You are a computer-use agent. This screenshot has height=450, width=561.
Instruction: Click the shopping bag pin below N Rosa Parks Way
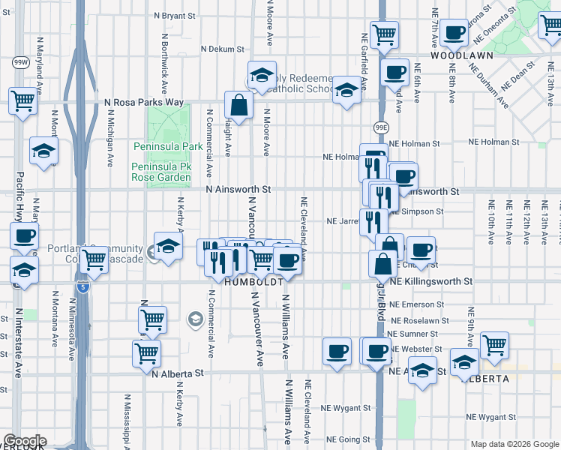pyautogui.click(x=238, y=106)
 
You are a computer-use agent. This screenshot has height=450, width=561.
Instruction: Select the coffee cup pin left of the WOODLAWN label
pyautogui.click(x=394, y=73)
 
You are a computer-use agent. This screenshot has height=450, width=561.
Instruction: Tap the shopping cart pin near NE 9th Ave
pyautogui.click(x=494, y=346)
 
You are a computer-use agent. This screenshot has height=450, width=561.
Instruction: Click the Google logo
pyautogui.click(x=24, y=441)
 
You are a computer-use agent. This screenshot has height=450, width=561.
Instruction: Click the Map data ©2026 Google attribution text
pyautogui.click(x=514, y=444)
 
